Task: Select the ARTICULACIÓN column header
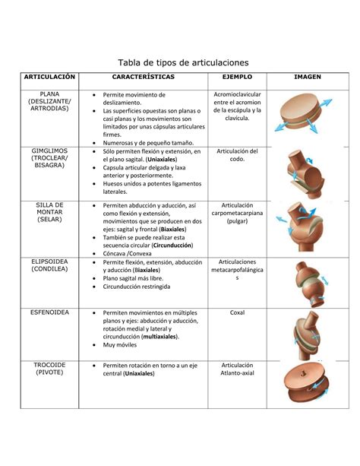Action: point(49,78)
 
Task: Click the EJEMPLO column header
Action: point(237,78)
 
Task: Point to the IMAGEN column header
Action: point(308,78)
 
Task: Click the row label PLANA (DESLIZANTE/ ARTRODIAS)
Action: point(49,101)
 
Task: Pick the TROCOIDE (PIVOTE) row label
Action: point(49,369)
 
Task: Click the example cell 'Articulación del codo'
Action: point(237,155)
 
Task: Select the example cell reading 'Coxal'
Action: point(237,312)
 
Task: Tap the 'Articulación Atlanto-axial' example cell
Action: point(237,369)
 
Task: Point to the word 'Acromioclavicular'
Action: point(237,94)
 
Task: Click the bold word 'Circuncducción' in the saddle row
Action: point(172,246)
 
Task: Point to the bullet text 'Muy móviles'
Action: point(123,344)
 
